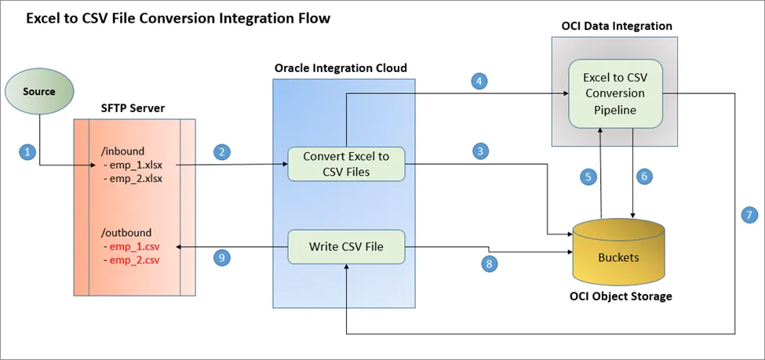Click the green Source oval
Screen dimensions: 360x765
point(38,92)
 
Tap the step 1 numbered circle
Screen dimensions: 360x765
point(27,152)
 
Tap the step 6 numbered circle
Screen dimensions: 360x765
point(644,177)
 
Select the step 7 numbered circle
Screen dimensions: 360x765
point(747,213)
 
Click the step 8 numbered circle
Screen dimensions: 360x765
point(490,264)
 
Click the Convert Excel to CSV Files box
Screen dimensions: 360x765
point(346,164)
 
